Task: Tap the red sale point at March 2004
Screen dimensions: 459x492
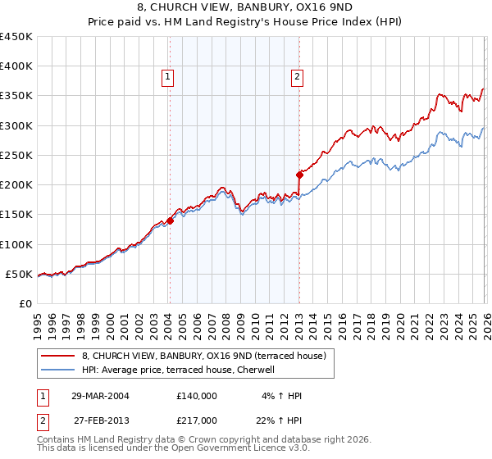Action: pyautogui.click(x=170, y=220)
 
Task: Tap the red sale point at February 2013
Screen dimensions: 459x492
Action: pyautogui.click(x=298, y=174)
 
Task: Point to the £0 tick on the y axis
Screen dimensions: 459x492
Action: pyautogui.click(x=25, y=303)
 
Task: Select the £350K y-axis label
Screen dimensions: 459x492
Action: pyautogui.click(x=16, y=96)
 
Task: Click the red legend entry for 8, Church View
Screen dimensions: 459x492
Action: pyautogui.click(x=204, y=356)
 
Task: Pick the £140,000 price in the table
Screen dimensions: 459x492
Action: pyautogui.click(x=196, y=396)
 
